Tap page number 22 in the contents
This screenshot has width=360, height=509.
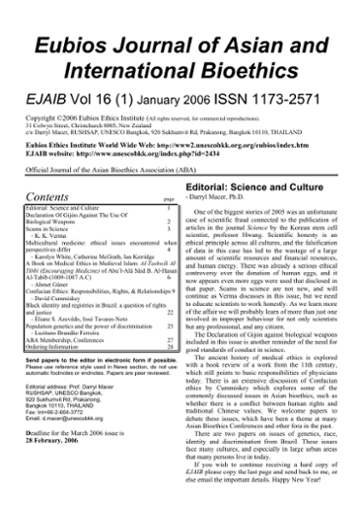(171, 304)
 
